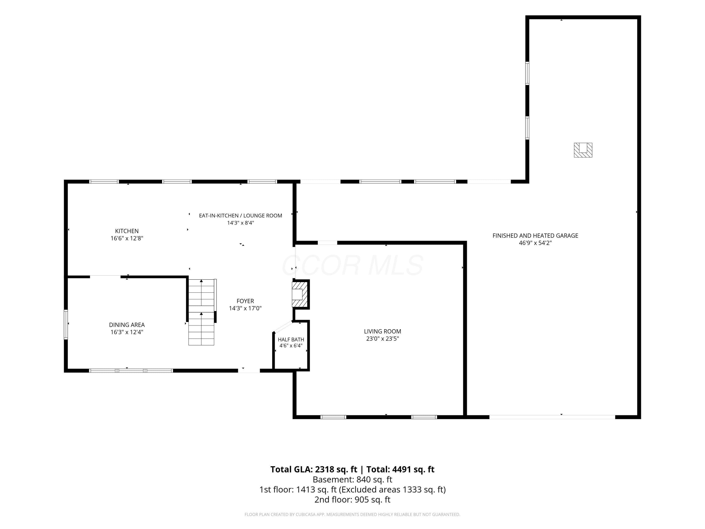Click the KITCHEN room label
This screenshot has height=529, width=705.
click(x=127, y=231)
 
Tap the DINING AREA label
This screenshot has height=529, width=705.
click(x=127, y=325)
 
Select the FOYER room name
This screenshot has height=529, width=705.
click(x=245, y=301)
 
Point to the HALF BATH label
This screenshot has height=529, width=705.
click(x=291, y=340)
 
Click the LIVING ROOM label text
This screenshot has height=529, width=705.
click(x=382, y=331)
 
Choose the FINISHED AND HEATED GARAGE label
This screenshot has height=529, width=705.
click(x=535, y=236)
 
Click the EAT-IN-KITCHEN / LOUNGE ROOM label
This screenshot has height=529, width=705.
click(x=241, y=216)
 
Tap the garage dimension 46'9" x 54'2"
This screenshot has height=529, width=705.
click(x=535, y=243)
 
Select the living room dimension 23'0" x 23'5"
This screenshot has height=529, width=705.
click(x=382, y=339)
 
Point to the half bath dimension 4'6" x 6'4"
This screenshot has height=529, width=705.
click(x=291, y=346)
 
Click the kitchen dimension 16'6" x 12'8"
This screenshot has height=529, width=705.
click(x=127, y=238)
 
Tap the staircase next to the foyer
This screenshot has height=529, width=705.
click(x=201, y=312)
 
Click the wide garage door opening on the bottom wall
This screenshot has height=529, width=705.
click(x=552, y=417)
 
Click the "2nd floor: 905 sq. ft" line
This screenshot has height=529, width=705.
click(x=352, y=500)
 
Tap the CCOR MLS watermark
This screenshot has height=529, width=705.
click(x=352, y=265)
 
